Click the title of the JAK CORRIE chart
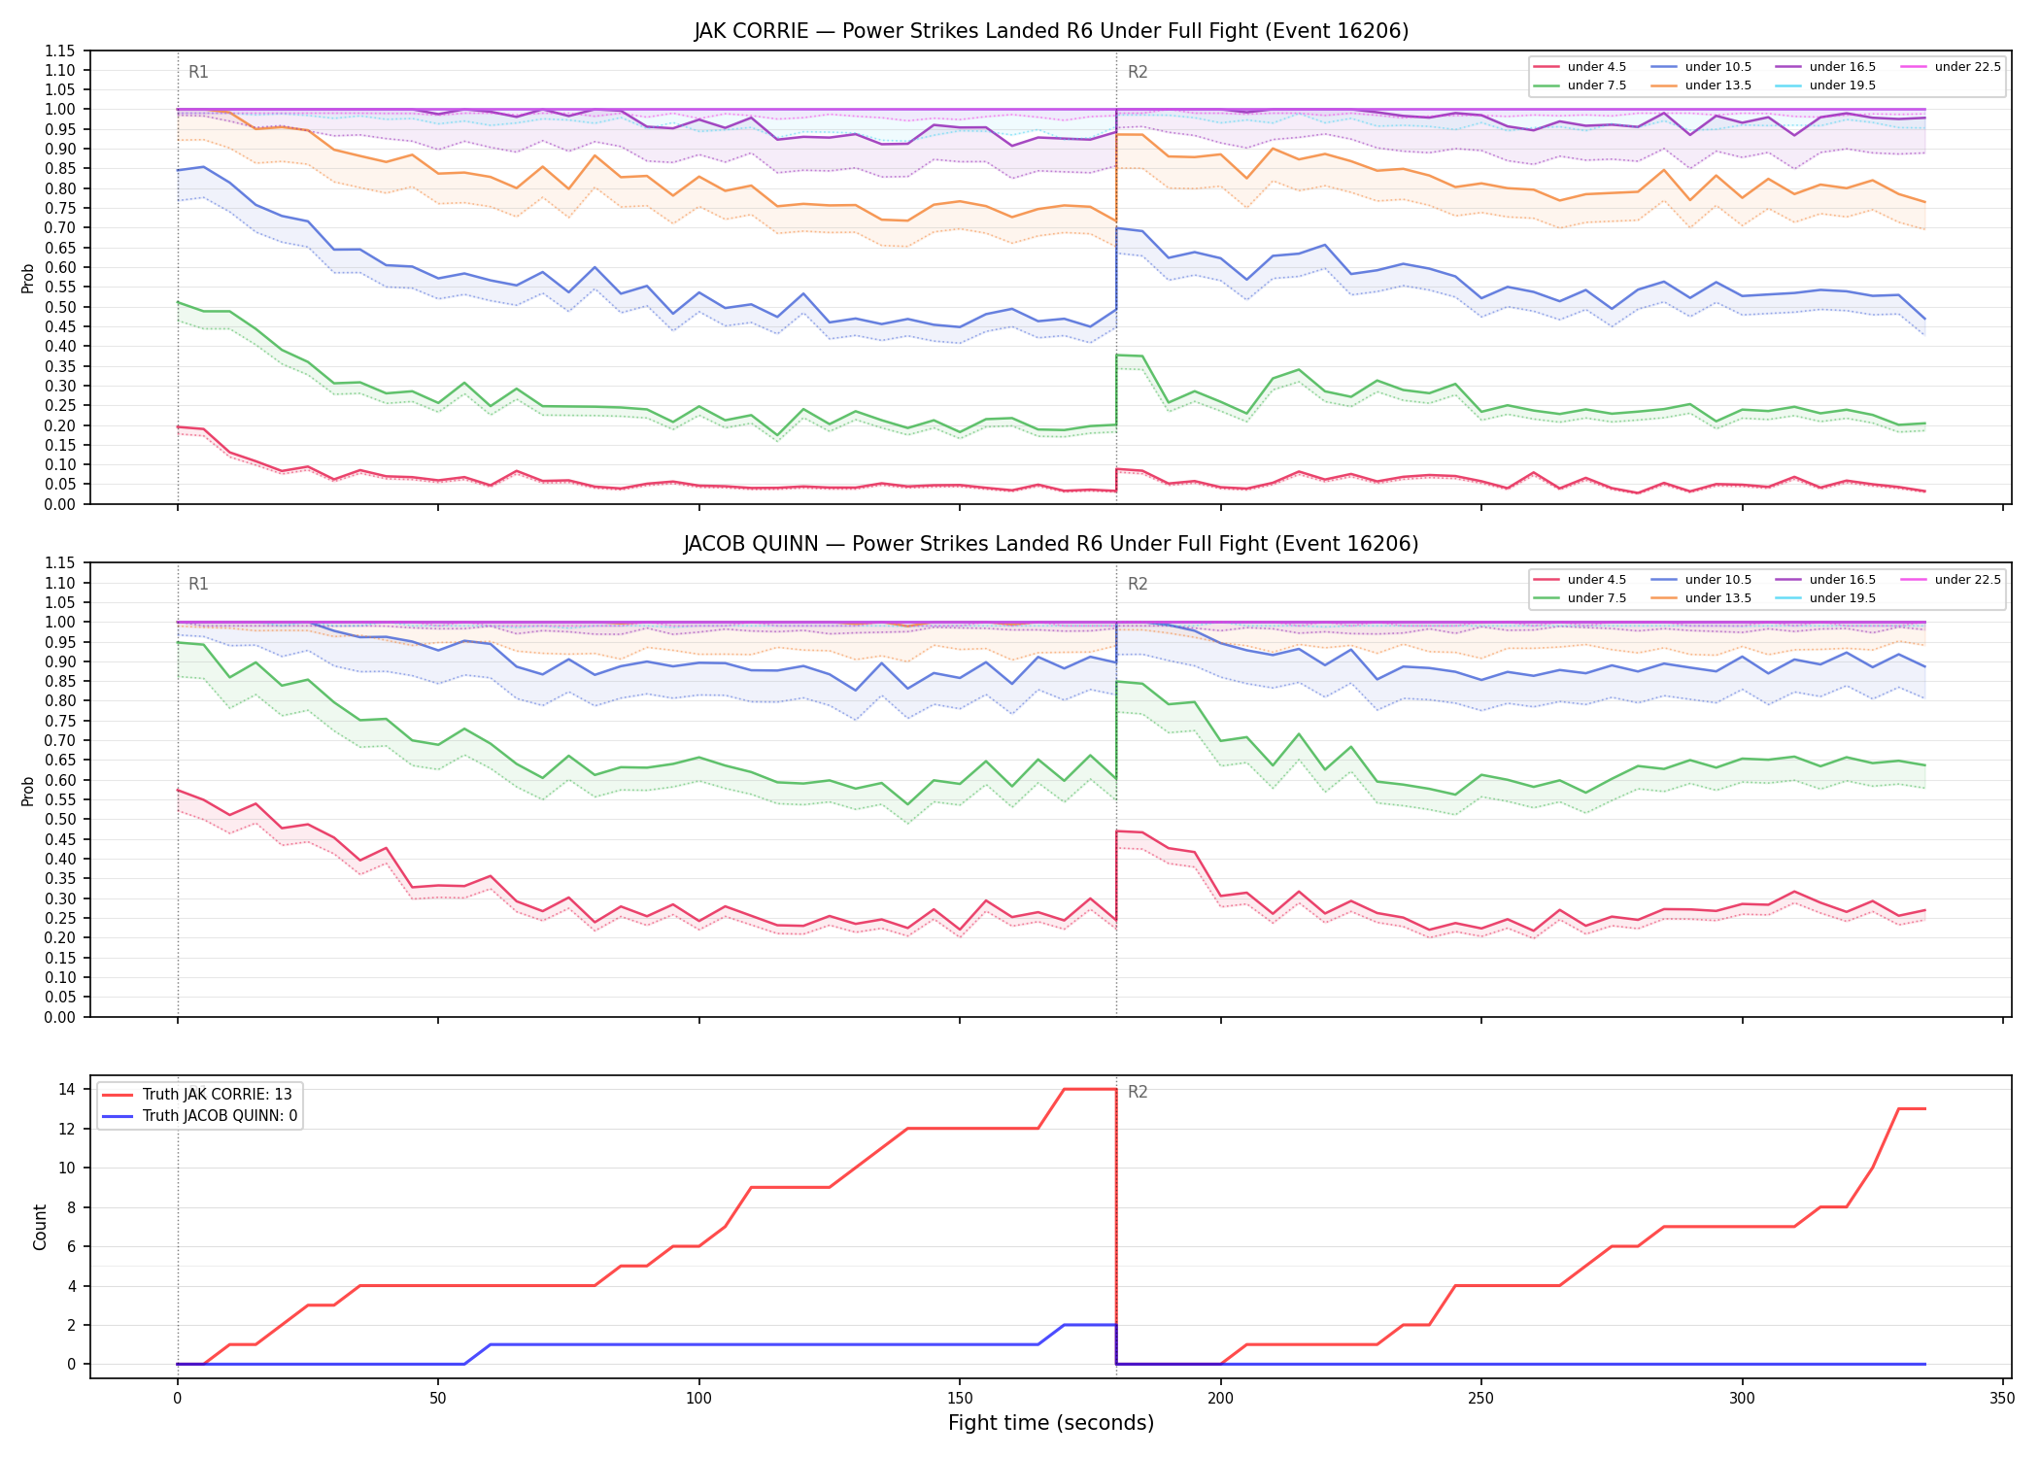pyautogui.click(x=1051, y=31)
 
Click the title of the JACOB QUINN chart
pyautogui.click(x=1051, y=544)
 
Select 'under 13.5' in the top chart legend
pyautogui.click(x=1717, y=85)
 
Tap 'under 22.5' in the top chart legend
pyautogui.click(x=1967, y=67)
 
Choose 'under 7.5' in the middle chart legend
pyautogui.click(x=1596, y=598)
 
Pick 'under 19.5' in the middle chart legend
pyautogui.click(x=1842, y=598)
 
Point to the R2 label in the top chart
pyautogui.click(x=1138, y=72)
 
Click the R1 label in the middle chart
pyautogui.click(x=198, y=584)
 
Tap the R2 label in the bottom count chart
pyautogui.click(x=1138, y=1092)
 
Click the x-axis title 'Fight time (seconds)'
pyautogui.click(x=1051, y=1423)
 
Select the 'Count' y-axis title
pyautogui.click(x=40, y=1227)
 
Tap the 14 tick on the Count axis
pyautogui.click(x=68, y=1089)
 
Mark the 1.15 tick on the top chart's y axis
pyautogui.click(x=60, y=51)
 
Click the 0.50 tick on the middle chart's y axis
pyautogui.click(x=60, y=819)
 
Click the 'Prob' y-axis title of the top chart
pyautogui.click(x=28, y=278)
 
